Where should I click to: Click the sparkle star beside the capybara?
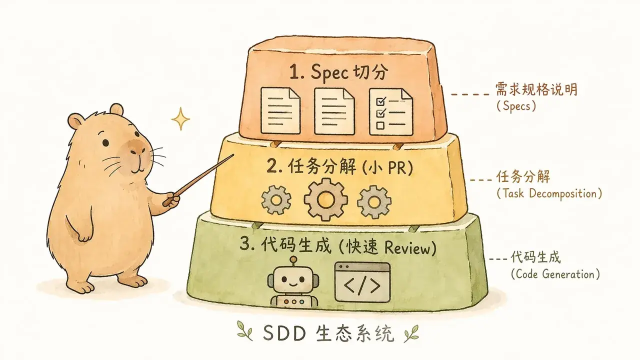[180, 119]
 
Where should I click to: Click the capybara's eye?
[105, 142]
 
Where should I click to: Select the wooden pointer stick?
[198, 180]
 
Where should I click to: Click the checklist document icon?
[391, 111]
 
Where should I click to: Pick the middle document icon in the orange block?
[334, 111]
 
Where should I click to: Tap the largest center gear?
[325, 199]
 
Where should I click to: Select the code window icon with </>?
[362, 282]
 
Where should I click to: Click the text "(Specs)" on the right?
[516, 106]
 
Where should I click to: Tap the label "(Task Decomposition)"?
[549, 193]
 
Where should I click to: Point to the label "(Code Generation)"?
[555, 274]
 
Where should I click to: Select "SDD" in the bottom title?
[284, 333]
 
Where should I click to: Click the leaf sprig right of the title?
[411, 333]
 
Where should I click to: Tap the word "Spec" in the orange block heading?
[329, 71]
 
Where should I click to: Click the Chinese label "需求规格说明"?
[536, 89]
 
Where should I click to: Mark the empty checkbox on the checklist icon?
[380, 125]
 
